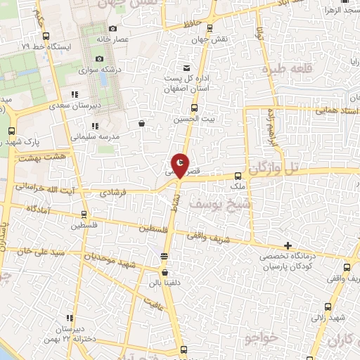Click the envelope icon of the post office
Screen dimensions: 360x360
coord(186,68)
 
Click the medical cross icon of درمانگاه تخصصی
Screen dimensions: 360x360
coord(288,245)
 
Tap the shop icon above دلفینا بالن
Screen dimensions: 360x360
coord(165,273)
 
